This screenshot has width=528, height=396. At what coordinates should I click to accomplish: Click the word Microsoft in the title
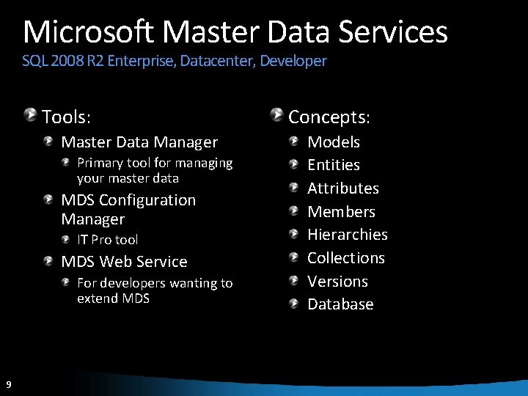tap(89, 32)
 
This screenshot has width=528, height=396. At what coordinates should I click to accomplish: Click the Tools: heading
tap(66, 117)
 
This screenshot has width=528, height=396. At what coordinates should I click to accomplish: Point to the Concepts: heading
tap(329, 117)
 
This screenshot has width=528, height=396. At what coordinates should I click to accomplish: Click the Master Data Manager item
tap(139, 142)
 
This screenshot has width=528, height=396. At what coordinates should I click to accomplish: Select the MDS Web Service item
tap(124, 262)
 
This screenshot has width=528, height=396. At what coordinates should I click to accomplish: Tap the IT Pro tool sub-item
tap(107, 240)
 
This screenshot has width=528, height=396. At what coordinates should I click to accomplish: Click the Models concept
tap(334, 142)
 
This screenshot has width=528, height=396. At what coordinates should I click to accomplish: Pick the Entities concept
tap(334, 165)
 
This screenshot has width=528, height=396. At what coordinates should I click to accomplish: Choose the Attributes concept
tap(343, 188)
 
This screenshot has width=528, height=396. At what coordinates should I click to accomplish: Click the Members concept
tap(341, 212)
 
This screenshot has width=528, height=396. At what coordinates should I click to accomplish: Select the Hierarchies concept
tap(348, 235)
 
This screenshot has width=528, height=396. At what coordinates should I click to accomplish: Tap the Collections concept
tap(346, 258)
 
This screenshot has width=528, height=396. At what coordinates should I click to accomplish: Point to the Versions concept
tap(337, 282)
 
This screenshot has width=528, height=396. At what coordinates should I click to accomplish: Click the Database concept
tap(340, 304)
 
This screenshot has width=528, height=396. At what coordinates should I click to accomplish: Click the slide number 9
tap(7, 384)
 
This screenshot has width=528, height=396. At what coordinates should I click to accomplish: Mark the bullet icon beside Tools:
tap(31, 114)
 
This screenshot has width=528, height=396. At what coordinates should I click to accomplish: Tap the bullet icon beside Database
tap(294, 303)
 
